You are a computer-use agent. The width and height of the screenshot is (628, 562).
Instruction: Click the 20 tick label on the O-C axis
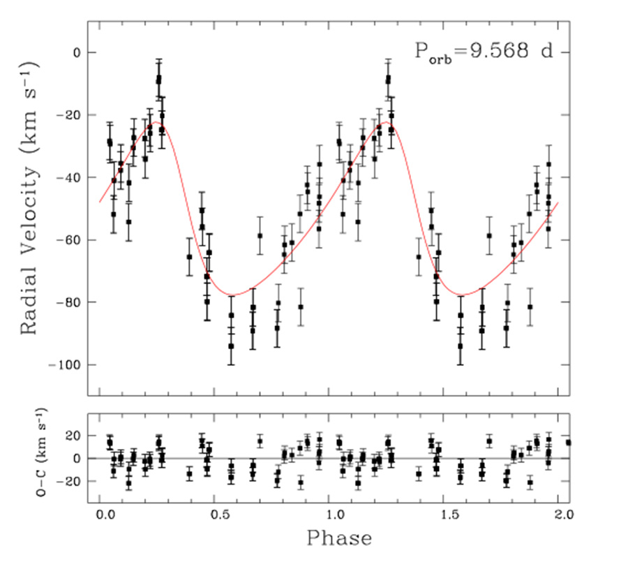coord(72,436)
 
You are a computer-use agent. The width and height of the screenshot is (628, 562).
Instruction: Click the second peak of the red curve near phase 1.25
coord(385,122)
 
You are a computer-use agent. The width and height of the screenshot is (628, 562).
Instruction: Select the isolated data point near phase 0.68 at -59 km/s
coord(260,235)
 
